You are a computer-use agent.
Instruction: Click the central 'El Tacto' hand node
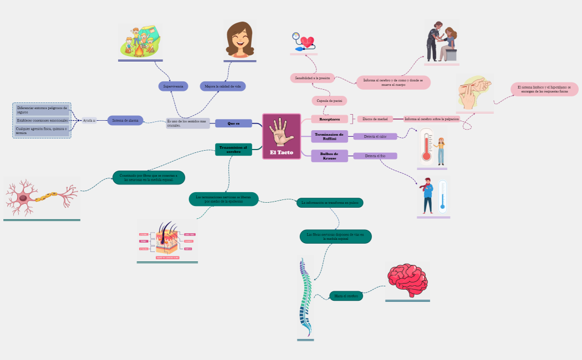point(282,136)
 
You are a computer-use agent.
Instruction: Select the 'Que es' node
point(233,123)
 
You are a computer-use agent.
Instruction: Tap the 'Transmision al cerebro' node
point(233,149)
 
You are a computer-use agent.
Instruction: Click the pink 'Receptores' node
point(329,119)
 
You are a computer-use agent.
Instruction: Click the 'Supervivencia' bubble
point(173,86)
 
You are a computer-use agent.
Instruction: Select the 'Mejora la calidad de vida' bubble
point(222,86)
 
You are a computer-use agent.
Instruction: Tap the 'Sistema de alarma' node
point(125,120)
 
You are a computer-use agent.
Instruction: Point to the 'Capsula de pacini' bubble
point(329,101)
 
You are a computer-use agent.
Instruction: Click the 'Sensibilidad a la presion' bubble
point(312,78)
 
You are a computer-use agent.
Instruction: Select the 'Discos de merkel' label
point(375,119)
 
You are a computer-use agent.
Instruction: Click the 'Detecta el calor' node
point(375,136)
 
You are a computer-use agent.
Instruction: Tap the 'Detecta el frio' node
point(375,156)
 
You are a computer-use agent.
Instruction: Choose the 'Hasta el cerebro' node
point(346,296)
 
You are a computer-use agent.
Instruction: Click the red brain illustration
point(407,281)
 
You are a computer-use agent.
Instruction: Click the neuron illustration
point(42,197)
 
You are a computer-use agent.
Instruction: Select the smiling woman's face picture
point(240,40)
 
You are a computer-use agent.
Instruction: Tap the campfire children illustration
point(140,42)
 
